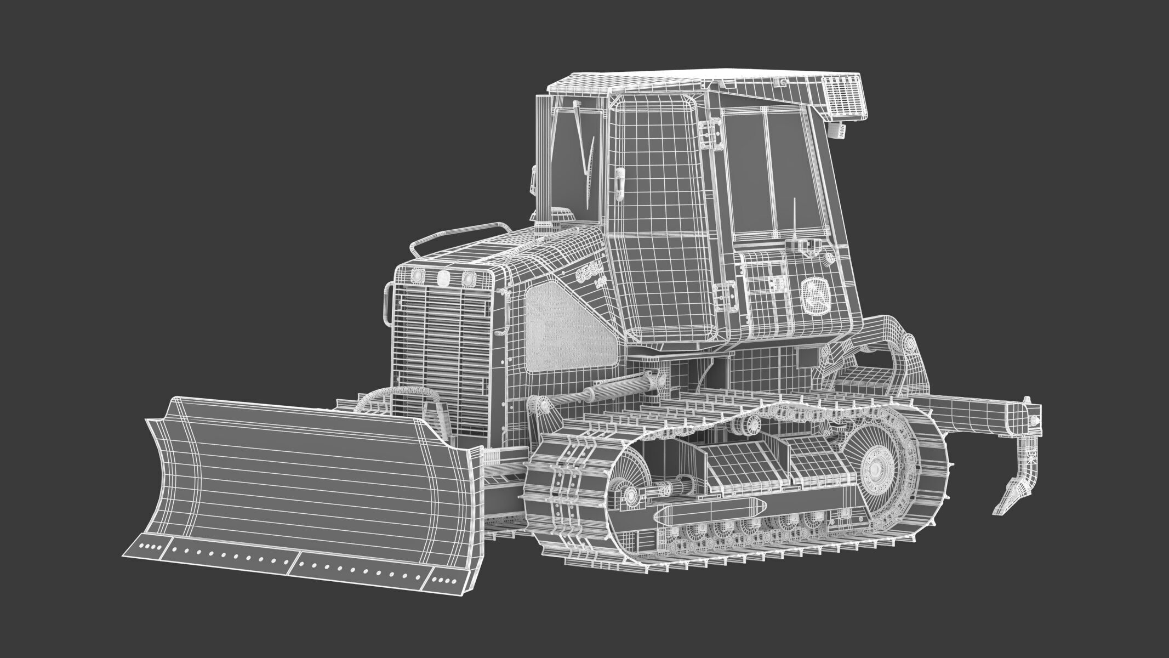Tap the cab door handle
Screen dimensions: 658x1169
pos(619,184)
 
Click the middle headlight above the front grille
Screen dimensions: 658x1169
pos(442,278)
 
